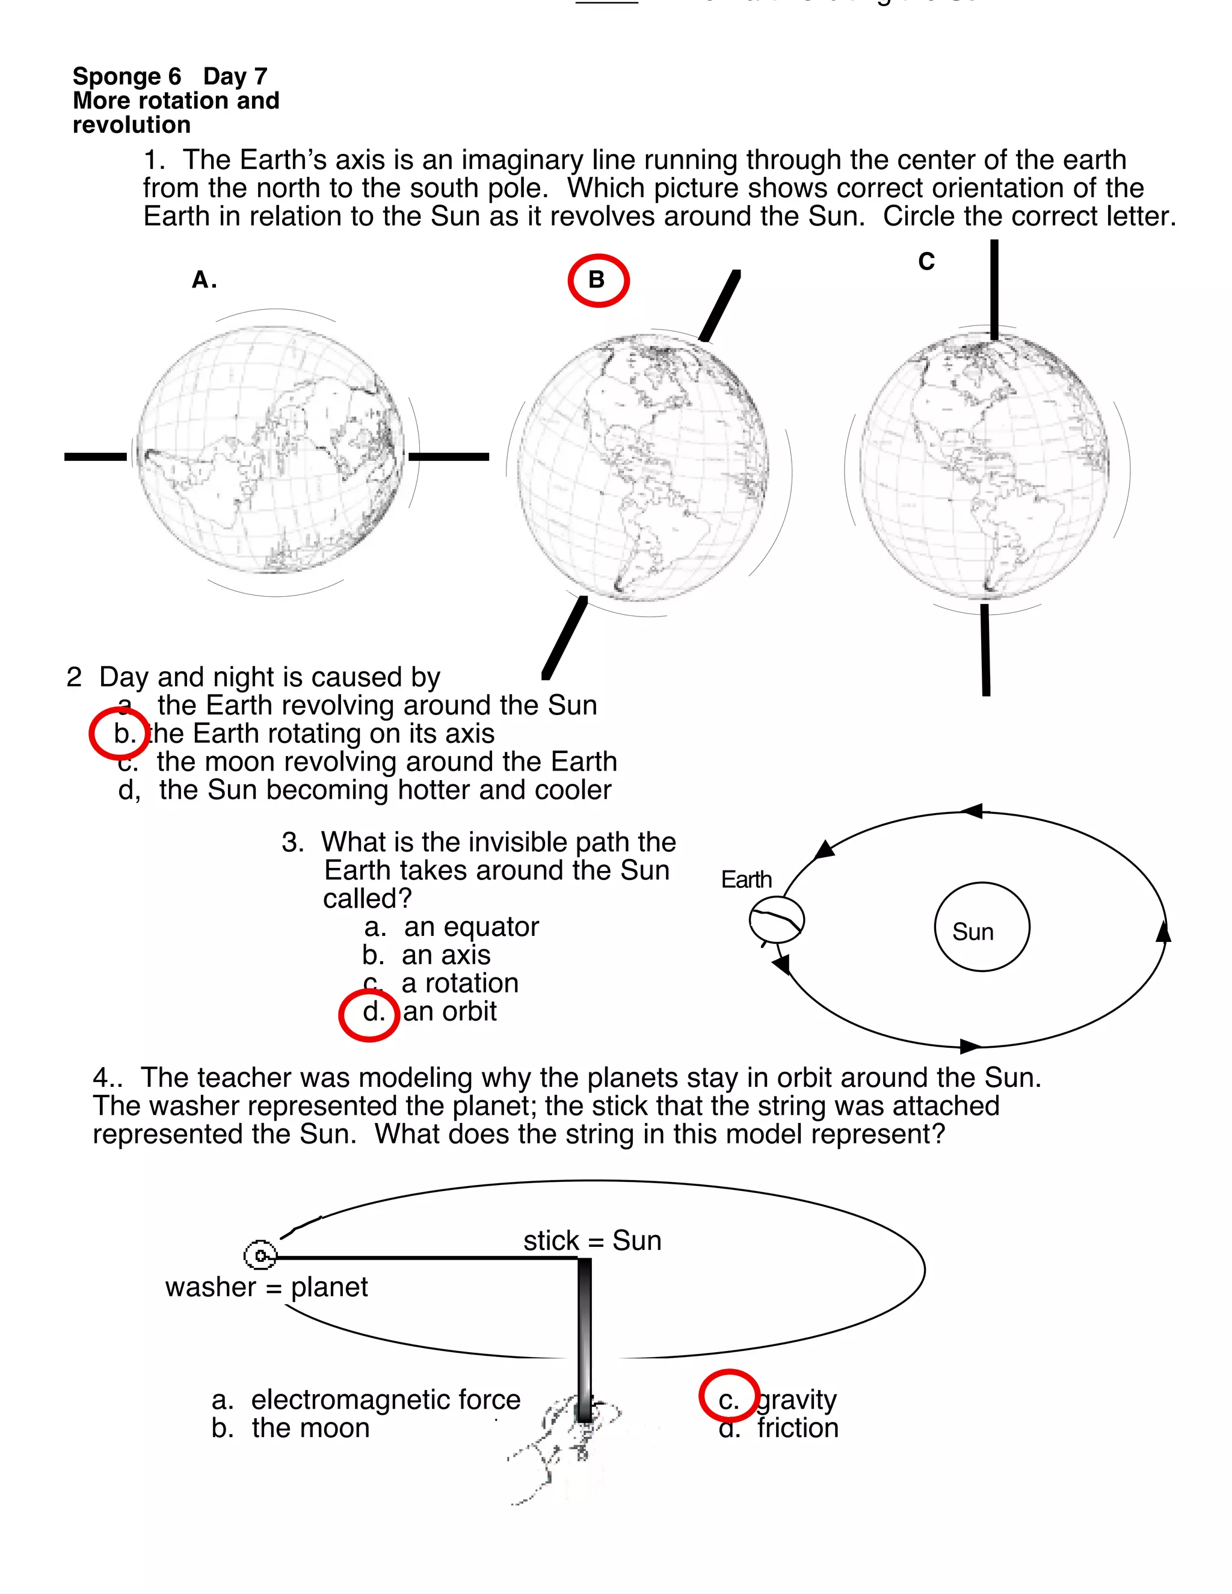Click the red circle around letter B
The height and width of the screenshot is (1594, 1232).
[598, 281]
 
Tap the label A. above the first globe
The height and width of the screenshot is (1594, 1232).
[204, 280]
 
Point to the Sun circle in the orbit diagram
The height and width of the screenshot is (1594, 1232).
[982, 927]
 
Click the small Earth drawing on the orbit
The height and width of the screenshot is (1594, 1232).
[777, 920]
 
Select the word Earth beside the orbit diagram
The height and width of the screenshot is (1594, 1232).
[746, 879]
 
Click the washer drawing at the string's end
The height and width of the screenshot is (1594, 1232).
[260, 1256]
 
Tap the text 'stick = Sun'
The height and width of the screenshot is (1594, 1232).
[592, 1241]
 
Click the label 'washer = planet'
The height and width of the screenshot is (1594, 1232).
[266, 1287]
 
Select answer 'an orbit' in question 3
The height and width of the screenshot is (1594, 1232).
[449, 1012]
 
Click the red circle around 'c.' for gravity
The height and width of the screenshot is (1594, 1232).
[729, 1396]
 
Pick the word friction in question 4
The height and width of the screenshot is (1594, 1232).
[798, 1427]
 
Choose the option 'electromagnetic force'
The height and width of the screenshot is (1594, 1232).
[386, 1400]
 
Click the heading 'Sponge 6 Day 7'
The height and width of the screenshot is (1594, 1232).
[170, 76]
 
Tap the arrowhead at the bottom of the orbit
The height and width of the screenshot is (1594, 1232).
[970, 1047]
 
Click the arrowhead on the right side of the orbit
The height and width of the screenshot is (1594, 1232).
[1163, 932]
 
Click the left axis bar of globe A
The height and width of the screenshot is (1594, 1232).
[96, 457]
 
